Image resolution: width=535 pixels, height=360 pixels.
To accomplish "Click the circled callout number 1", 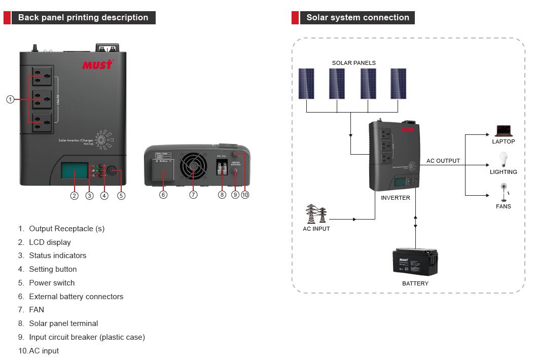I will click(10, 99).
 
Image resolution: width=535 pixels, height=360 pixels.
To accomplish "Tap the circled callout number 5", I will click(121, 195).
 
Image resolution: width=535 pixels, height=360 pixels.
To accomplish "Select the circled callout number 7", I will click(193, 195).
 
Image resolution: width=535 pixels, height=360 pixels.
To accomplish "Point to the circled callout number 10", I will click(245, 195).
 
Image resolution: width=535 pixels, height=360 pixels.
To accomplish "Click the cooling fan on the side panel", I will click(193, 168).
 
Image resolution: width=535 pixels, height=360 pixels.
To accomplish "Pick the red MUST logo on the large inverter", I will click(97, 65).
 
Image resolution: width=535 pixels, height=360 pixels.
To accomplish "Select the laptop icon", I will click(503, 131).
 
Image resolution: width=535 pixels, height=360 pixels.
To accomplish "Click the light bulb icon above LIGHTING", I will click(503, 159).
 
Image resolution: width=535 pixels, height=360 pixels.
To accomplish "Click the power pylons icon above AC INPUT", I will click(316, 214).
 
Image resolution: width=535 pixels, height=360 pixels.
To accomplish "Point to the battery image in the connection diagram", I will click(415, 262).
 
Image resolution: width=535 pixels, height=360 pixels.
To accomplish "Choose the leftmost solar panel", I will click(306, 84).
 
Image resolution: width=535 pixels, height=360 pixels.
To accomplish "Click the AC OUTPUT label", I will click(443, 161).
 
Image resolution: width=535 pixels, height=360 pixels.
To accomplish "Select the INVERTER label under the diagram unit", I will click(395, 198).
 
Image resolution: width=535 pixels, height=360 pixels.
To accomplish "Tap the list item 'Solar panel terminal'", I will click(63, 323).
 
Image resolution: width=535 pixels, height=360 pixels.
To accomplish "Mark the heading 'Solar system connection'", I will click(358, 18).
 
